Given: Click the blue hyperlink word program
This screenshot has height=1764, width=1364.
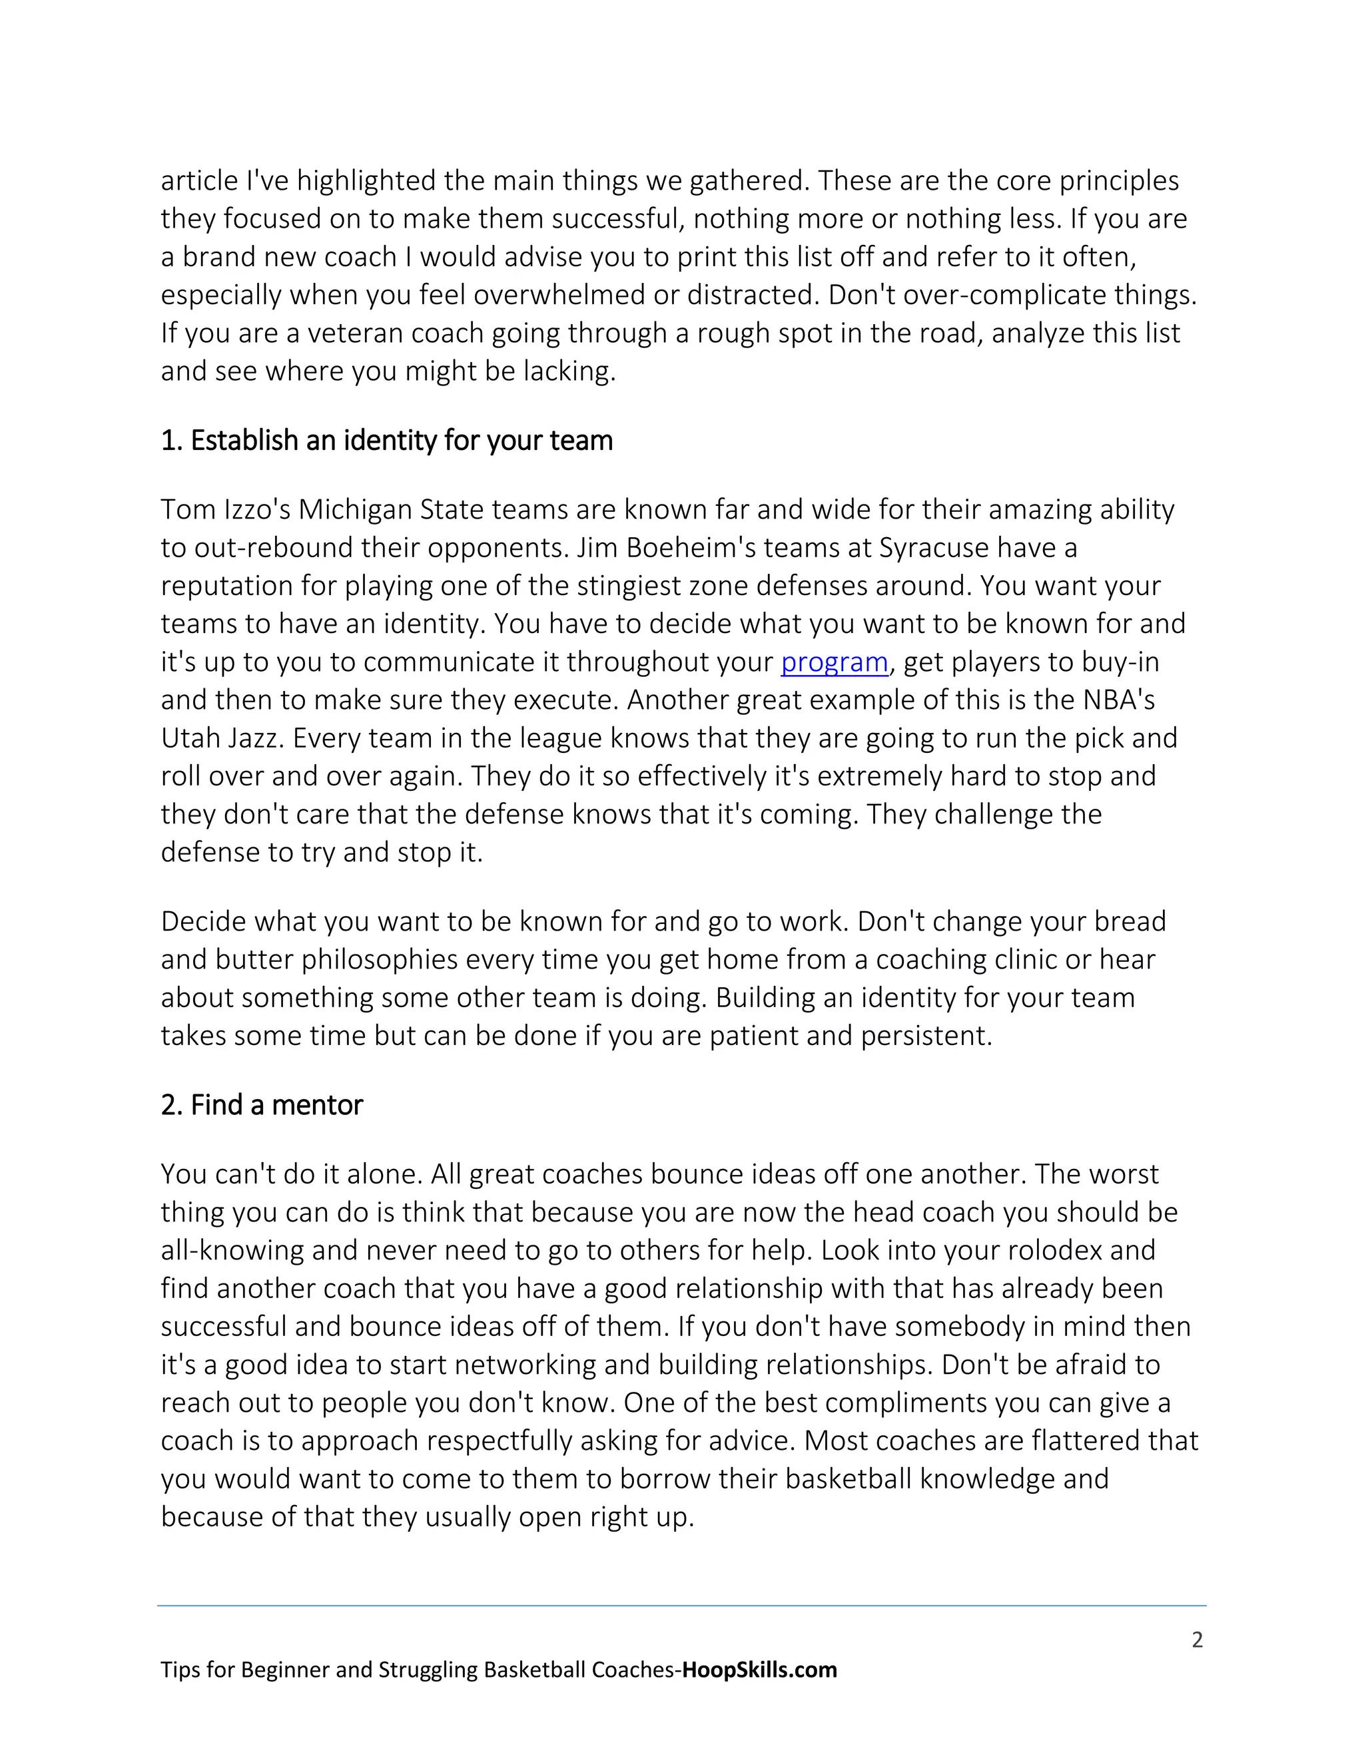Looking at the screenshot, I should pos(834,662).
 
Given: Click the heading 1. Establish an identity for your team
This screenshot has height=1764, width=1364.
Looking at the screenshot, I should pos(386,441).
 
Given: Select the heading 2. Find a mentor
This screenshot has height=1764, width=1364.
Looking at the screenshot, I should pos(262,1105).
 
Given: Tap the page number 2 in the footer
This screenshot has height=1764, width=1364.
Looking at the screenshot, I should pos(1197,1640).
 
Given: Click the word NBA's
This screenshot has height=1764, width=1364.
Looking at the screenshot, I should pos(1118,700).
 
